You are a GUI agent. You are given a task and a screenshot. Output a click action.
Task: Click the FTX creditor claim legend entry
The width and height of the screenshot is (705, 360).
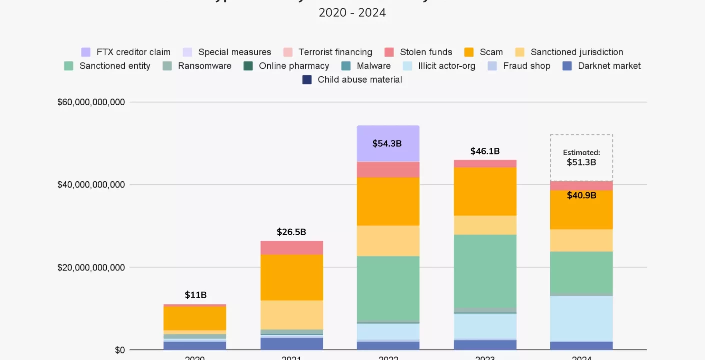pyautogui.click(x=126, y=52)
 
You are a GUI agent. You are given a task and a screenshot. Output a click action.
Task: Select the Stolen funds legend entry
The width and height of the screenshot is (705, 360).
pyautogui.click(x=418, y=52)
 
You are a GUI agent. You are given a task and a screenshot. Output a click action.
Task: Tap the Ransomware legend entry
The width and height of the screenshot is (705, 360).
pyautogui.click(x=197, y=66)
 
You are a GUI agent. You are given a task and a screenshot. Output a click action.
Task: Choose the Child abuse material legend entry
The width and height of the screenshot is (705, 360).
pyautogui.click(x=352, y=80)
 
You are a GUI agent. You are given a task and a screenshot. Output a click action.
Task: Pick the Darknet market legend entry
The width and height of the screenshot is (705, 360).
pyautogui.click(x=602, y=66)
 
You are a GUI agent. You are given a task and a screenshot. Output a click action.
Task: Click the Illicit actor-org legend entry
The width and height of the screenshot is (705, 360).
pyautogui.click(x=439, y=66)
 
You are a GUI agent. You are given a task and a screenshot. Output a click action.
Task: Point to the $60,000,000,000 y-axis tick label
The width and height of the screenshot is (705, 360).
pyautogui.click(x=91, y=102)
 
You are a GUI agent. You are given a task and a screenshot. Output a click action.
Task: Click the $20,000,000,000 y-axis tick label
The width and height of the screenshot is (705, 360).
pyautogui.click(x=91, y=267)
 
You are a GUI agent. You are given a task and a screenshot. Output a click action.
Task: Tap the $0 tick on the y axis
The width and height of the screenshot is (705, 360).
pyautogui.click(x=119, y=350)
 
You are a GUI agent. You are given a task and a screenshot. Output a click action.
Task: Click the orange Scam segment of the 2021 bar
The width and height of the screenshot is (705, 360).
pyautogui.click(x=292, y=277)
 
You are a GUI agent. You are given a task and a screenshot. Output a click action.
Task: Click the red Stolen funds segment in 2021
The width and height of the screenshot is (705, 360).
pyautogui.click(x=292, y=248)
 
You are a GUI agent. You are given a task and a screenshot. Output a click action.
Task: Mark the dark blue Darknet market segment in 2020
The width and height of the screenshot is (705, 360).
pyautogui.click(x=195, y=345)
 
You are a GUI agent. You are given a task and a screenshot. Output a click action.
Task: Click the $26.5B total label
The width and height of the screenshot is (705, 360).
pyautogui.click(x=291, y=232)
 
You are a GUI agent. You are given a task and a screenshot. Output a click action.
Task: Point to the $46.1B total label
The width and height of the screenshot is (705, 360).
pyautogui.click(x=485, y=151)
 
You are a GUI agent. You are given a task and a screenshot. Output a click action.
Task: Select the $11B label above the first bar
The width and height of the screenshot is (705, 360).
pyautogui.click(x=195, y=295)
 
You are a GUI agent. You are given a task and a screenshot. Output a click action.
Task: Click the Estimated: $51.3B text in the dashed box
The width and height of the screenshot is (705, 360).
pyautogui.click(x=581, y=158)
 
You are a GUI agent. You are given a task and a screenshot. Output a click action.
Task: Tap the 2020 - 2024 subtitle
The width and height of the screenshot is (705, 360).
pyautogui.click(x=352, y=13)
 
